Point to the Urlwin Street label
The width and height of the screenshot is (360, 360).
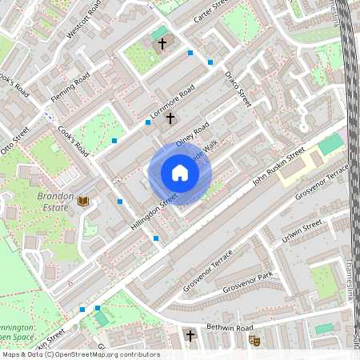(302, 230)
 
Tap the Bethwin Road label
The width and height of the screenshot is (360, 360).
(229, 328)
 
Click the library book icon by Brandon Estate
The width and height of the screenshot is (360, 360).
(83, 200)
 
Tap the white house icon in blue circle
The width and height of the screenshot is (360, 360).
(180, 173)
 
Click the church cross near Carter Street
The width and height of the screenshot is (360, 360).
(162, 44)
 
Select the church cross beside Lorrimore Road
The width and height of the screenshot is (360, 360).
(169, 118)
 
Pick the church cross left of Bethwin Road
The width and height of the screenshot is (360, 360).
(190, 335)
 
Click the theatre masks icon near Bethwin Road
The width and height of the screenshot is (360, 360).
(256, 341)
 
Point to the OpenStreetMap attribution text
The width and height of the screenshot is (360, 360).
(80, 354)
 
